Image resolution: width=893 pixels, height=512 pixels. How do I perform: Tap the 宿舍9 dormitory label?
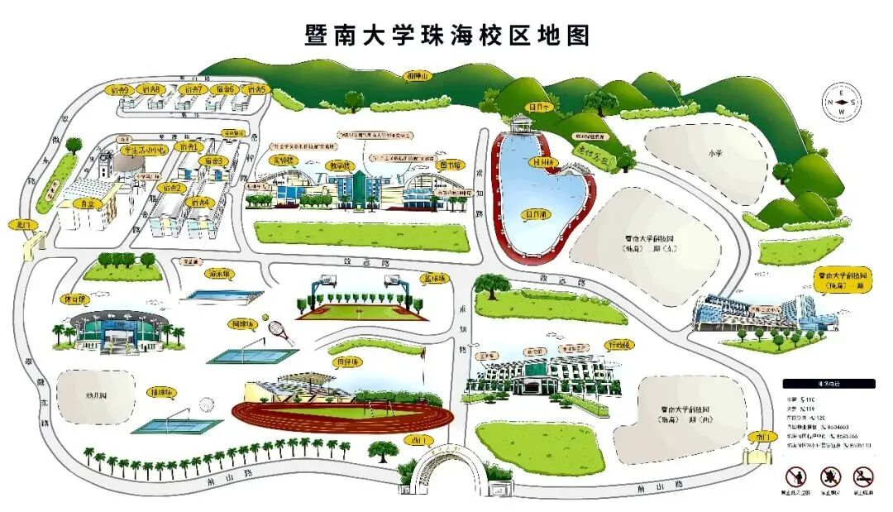pos(121,89)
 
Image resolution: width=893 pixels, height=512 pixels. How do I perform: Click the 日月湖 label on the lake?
pos(537,214)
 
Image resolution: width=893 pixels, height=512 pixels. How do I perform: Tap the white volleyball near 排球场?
pos(207,404)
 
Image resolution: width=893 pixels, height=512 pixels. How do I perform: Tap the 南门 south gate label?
pos(758,436)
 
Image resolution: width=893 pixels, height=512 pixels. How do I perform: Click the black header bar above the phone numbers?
pos(828,384)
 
